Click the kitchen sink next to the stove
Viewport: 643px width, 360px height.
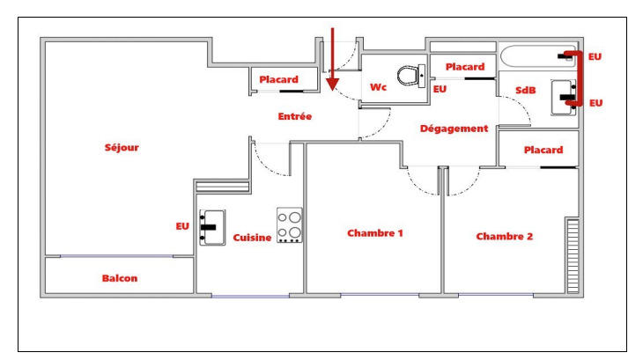pyautogui.click(x=212, y=227)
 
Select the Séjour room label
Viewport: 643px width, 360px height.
pyautogui.click(x=122, y=147)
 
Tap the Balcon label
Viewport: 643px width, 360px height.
pyautogui.click(x=119, y=278)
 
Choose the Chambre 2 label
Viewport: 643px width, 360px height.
pyautogui.click(x=505, y=236)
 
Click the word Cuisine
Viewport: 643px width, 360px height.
pyautogui.click(x=252, y=239)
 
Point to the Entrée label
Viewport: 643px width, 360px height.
pyautogui.click(x=294, y=116)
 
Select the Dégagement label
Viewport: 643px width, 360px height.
pyautogui.click(x=454, y=129)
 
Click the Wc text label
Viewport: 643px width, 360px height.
pyautogui.click(x=379, y=87)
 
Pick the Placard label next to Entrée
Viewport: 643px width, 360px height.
pyautogui.click(x=278, y=79)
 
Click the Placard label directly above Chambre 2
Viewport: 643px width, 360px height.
pyautogui.click(x=543, y=150)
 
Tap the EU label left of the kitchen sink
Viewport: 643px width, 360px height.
pyautogui.click(x=182, y=226)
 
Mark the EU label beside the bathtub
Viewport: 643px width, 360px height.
pyautogui.click(x=595, y=56)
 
